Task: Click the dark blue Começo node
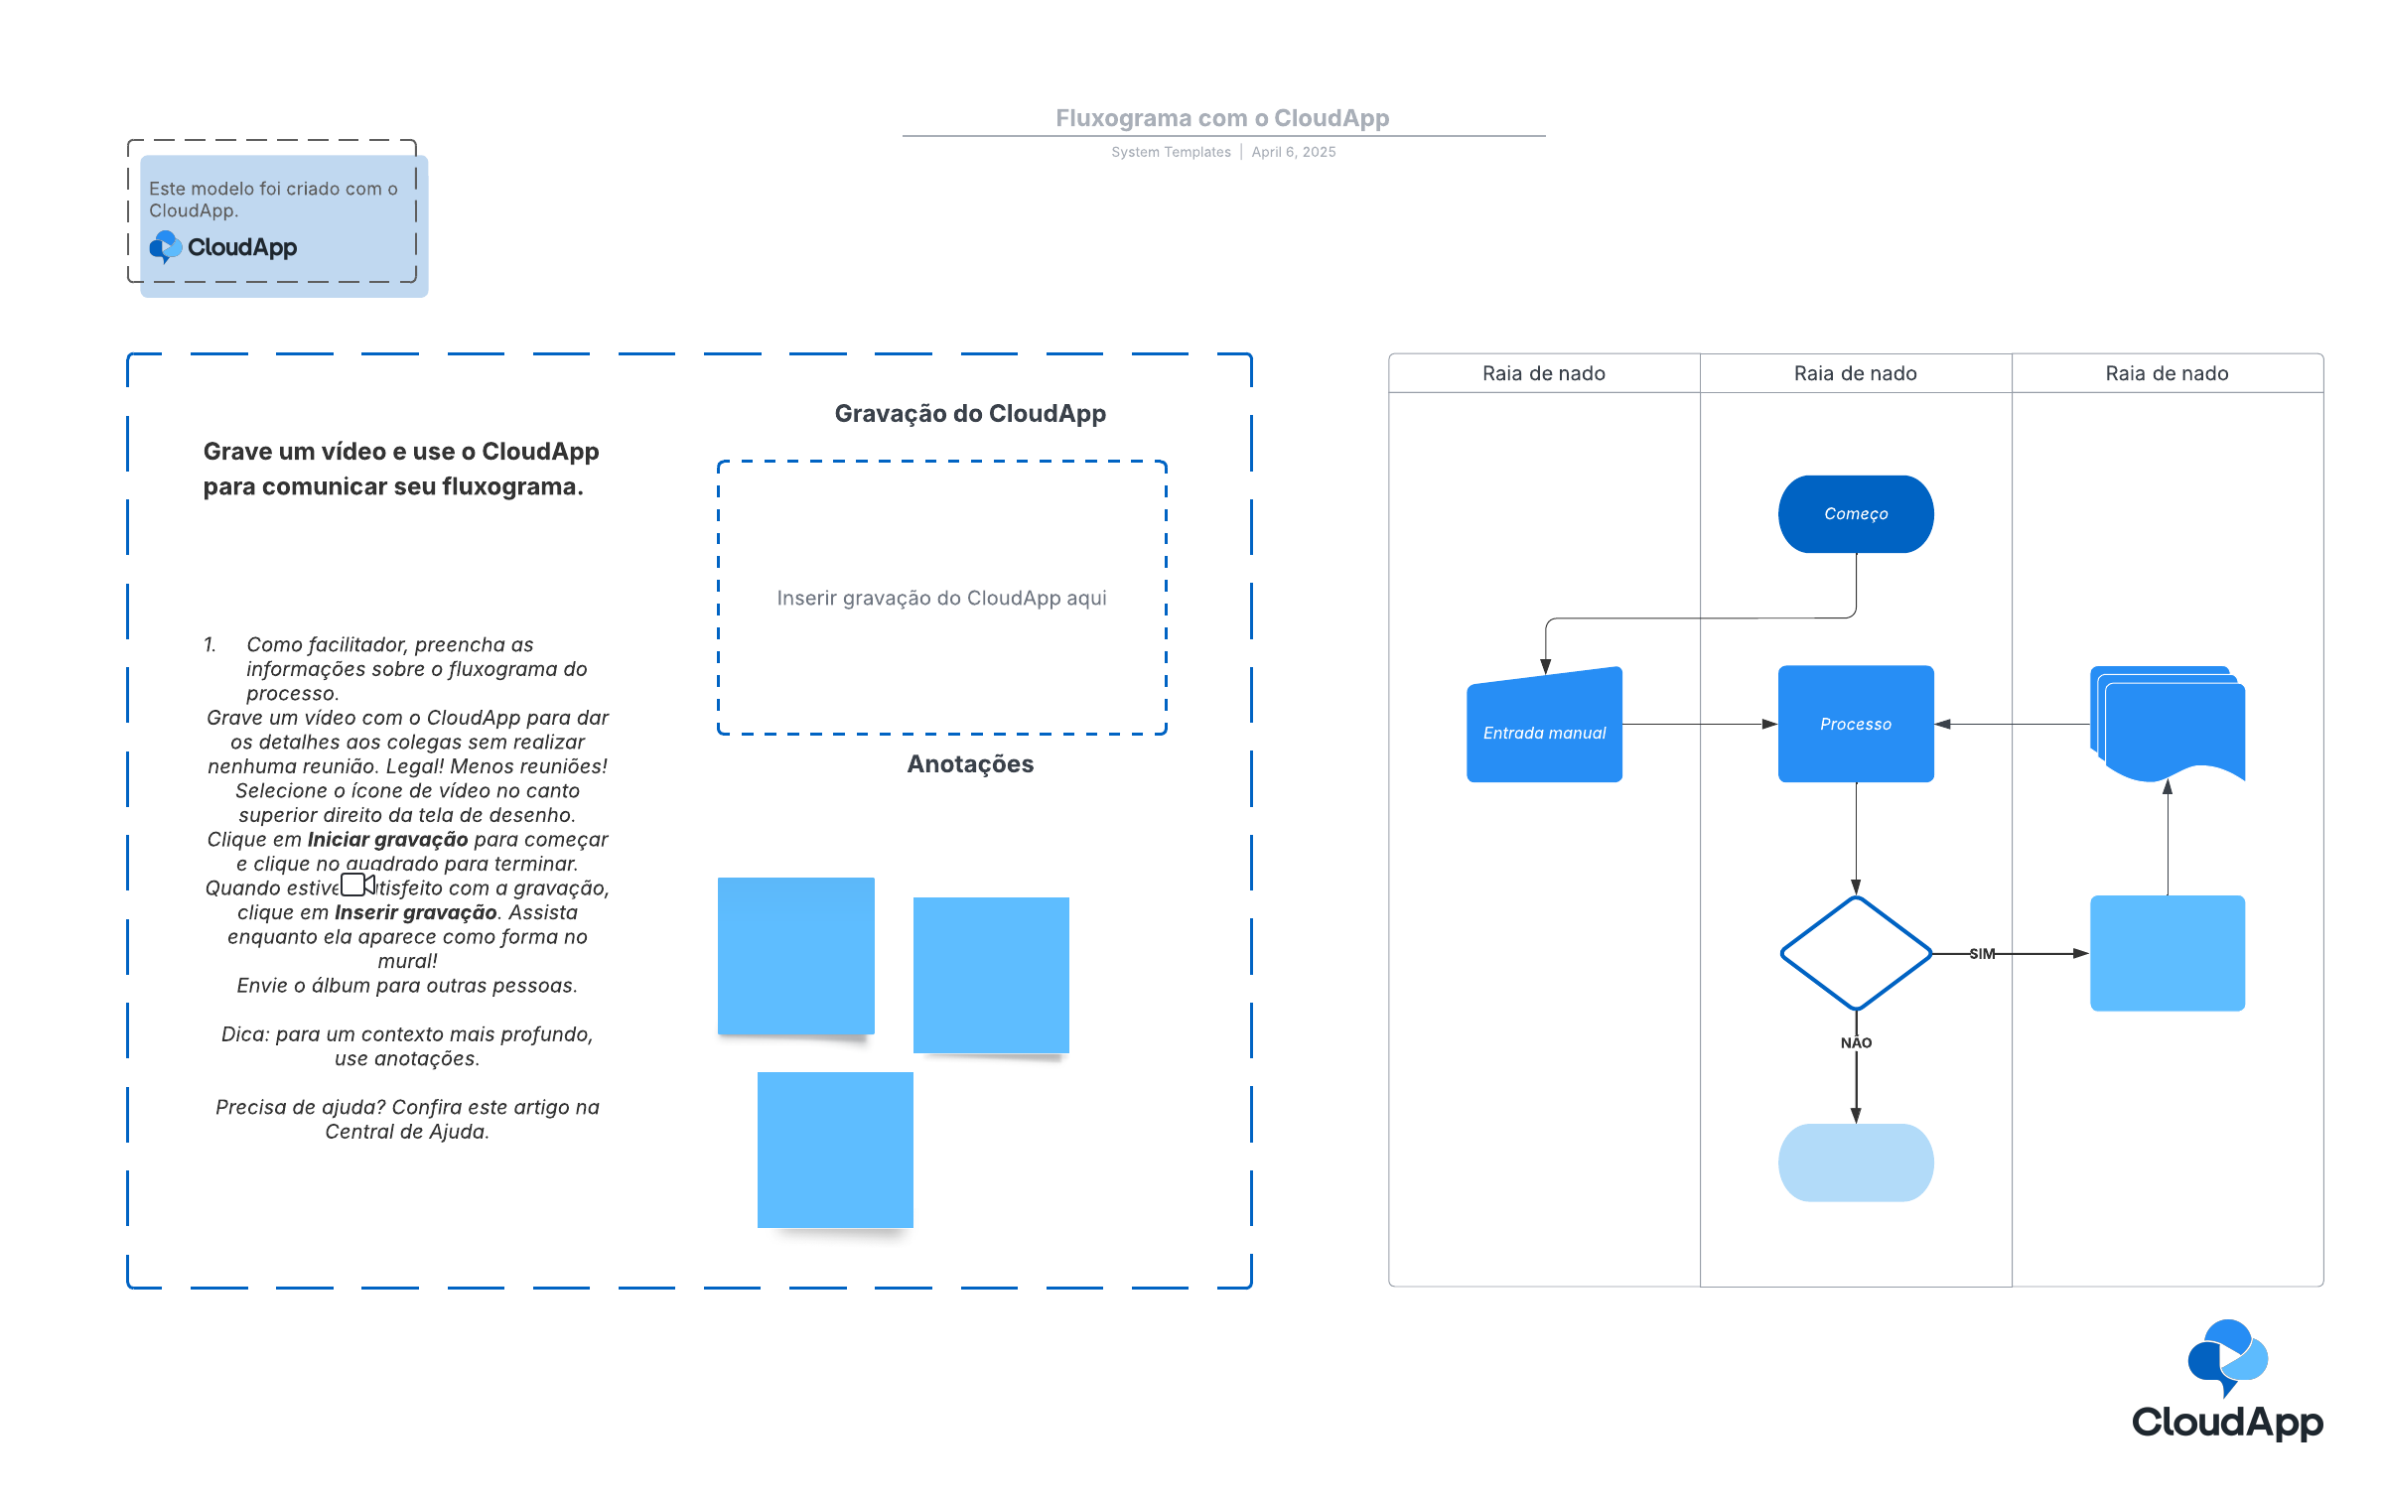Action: (x=1855, y=513)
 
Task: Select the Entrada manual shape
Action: (x=1544, y=726)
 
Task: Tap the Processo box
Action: (x=1855, y=724)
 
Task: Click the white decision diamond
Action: (x=1855, y=953)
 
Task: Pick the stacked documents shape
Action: (x=2168, y=724)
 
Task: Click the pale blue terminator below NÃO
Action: (x=1855, y=1162)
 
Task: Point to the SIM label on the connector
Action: (x=1982, y=954)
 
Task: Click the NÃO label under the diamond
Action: (x=1856, y=1042)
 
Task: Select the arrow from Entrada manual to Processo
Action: (x=1700, y=724)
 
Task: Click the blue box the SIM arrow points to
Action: (x=2168, y=953)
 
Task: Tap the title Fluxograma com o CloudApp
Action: (x=1222, y=118)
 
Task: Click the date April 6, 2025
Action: (x=1294, y=152)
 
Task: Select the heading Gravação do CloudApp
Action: (x=970, y=414)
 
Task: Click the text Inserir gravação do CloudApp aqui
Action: (x=941, y=598)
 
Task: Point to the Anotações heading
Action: (x=970, y=763)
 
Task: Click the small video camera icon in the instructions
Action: (x=357, y=884)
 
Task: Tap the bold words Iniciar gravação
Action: (x=387, y=840)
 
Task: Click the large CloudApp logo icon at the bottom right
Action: (x=2227, y=1357)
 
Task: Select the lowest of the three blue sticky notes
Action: (x=835, y=1150)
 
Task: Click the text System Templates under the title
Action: (x=1171, y=152)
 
